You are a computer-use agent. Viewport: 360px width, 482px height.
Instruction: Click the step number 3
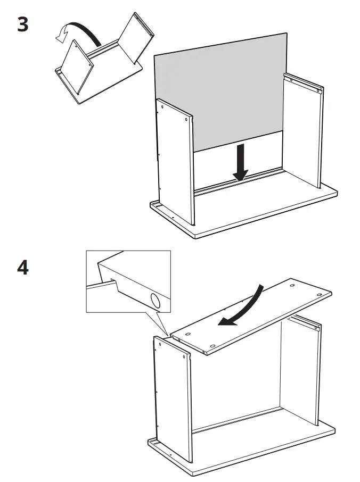coord(22,25)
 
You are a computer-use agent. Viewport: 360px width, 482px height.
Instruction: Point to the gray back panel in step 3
coord(218,90)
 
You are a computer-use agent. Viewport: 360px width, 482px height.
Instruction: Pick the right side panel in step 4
coord(301,372)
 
